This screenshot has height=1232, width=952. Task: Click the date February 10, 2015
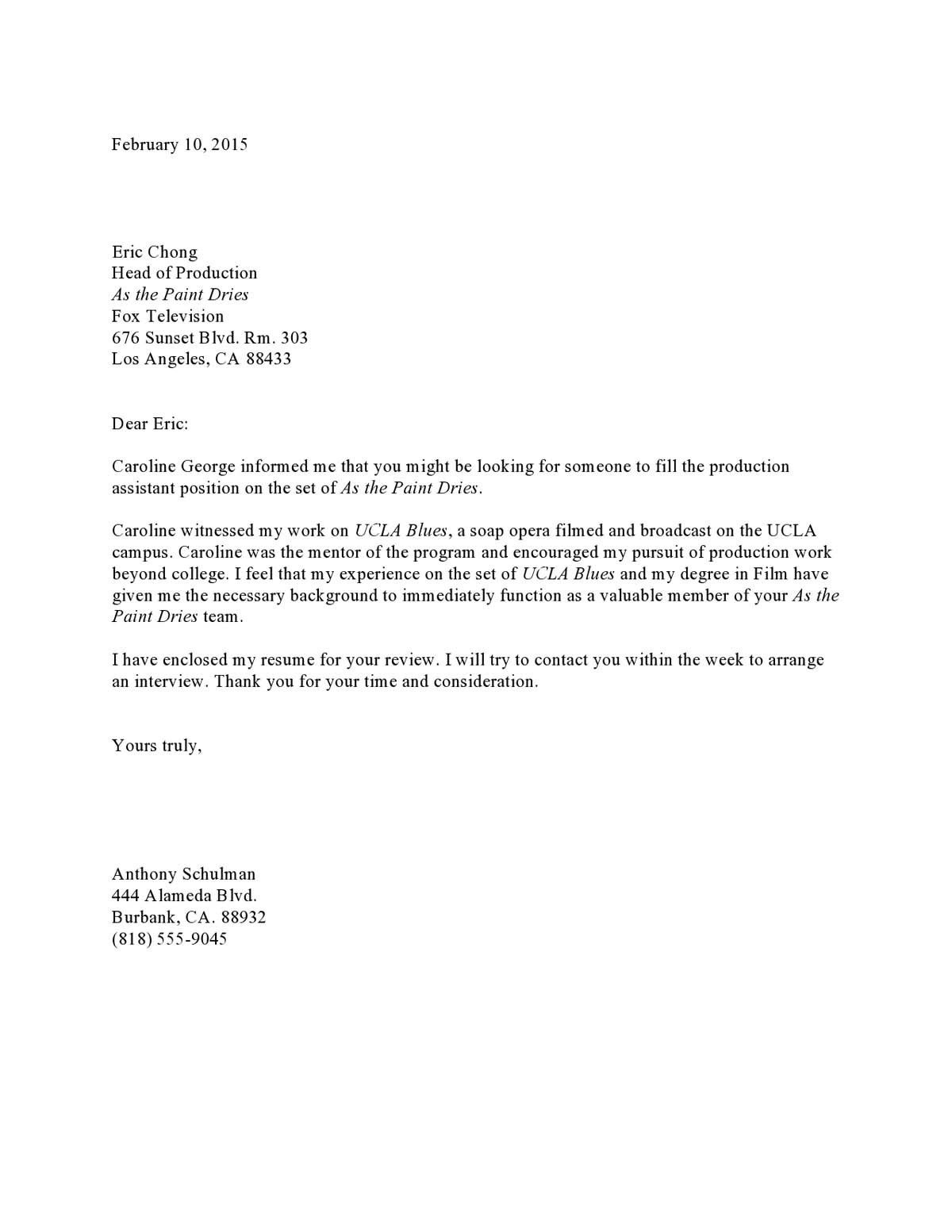[x=179, y=144]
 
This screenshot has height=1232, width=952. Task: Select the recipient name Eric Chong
[x=155, y=252]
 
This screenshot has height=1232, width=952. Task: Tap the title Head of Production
[x=184, y=274]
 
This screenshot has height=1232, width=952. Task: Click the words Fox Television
[x=167, y=317]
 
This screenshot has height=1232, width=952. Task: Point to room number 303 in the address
[x=294, y=338]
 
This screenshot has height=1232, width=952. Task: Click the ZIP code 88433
[x=268, y=359]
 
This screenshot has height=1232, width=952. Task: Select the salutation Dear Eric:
[x=150, y=424]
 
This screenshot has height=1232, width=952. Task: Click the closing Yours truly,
[x=157, y=746]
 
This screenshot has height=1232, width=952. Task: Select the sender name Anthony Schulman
[x=183, y=874]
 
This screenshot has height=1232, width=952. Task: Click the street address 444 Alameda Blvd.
[x=184, y=896]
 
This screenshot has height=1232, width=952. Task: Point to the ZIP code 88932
[x=244, y=918]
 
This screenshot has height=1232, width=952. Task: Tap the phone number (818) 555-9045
[x=169, y=939]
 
